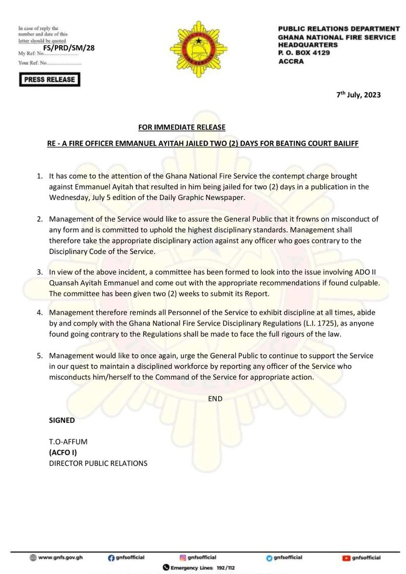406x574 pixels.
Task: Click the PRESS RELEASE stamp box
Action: click(50, 79)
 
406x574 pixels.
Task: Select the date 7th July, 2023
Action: click(358, 95)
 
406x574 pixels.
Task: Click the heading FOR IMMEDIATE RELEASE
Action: click(182, 128)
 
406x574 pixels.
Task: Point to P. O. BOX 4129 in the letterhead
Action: click(304, 53)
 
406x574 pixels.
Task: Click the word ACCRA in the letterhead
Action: click(291, 61)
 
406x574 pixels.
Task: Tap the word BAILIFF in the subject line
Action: click(343, 144)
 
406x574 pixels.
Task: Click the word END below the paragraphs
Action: click(215, 399)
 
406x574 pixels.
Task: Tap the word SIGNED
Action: click(62, 420)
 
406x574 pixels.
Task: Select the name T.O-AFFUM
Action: click(67, 442)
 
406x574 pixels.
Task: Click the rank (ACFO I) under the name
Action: click(63, 453)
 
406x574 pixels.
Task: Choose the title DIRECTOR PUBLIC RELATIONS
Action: click(98, 463)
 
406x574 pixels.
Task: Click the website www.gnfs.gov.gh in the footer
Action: click(60, 558)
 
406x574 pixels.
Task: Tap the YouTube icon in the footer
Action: click(346, 558)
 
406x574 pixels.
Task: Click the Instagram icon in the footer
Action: click(183, 558)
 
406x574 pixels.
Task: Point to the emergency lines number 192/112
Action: click(225, 568)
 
